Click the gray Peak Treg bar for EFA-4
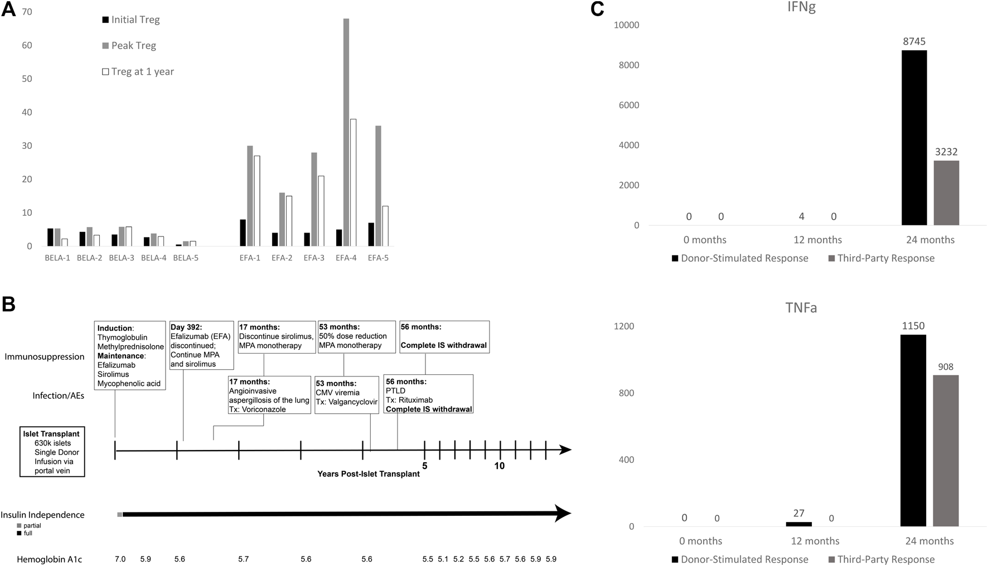point(346,132)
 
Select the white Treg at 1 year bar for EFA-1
point(257,201)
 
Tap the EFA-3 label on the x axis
point(314,258)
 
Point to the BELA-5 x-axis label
point(186,258)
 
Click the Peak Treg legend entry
point(133,46)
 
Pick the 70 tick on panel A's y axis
point(27,12)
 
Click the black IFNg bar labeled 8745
point(914,138)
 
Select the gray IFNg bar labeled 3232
point(946,193)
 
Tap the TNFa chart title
point(801,308)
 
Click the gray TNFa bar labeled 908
point(946,451)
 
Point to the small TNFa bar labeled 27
point(799,524)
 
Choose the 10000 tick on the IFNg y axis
point(626,25)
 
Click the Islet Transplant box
point(52,452)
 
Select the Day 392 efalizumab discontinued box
point(201,345)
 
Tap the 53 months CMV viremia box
point(347,395)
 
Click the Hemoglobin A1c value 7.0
point(120,559)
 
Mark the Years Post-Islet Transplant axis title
point(369,474)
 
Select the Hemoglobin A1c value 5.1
point(443,559)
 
